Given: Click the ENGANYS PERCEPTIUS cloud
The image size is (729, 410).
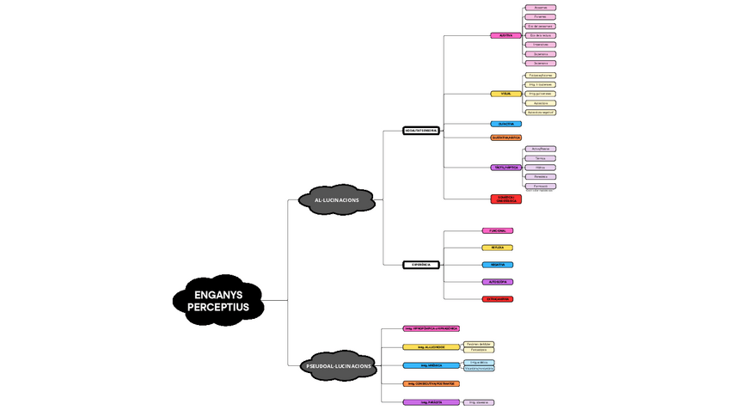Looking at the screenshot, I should [217, 300].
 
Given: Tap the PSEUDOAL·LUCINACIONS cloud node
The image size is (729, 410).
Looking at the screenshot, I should [340, 366].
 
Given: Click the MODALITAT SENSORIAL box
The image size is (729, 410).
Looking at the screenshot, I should [421, 131].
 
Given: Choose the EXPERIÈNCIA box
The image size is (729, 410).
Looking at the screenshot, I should [421, 265].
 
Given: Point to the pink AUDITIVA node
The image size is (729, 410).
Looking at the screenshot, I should [505, 35].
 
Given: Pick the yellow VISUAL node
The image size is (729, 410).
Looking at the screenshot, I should [505, 94].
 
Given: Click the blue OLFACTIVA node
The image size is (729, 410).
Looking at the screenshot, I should [505, 124].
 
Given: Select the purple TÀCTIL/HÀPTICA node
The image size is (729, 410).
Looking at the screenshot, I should [505, 167].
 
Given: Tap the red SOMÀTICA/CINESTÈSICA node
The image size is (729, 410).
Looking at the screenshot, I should [505, 199].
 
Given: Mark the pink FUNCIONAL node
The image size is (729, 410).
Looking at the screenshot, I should [498, 230].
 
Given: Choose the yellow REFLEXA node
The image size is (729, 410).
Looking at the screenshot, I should [498, 248].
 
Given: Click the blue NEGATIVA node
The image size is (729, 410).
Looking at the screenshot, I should [498, 265].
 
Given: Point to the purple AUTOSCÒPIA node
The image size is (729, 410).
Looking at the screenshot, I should [498, 282].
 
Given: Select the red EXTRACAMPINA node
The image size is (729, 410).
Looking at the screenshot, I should [498, 299].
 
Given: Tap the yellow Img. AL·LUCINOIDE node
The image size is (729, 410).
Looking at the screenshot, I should [432, 347].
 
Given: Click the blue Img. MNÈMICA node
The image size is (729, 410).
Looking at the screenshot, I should [432, 365].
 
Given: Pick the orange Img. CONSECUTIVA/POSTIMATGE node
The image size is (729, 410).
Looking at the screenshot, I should [432, 383].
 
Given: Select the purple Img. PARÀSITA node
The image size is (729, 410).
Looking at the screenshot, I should [432, 402].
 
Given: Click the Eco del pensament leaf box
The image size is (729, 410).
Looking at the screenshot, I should [540, 26].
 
